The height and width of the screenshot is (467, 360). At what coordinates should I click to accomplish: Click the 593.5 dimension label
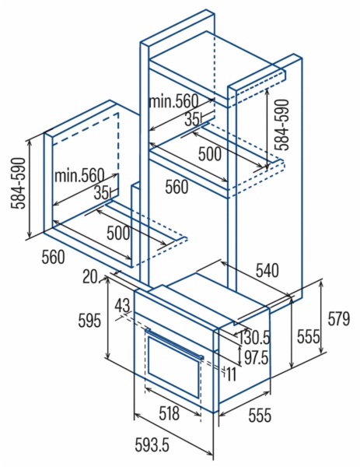click(x=152, y=445)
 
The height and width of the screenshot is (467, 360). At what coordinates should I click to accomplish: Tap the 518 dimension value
click(x=169, y=413)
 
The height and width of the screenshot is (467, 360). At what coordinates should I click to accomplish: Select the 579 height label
click(x=338, y=319)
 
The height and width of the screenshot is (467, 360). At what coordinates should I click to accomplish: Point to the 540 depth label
click(x=267, y=270)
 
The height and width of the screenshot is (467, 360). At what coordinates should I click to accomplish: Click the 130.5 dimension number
click(x=253, y=338)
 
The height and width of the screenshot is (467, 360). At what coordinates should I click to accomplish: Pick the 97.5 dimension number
click(x=256, y=358)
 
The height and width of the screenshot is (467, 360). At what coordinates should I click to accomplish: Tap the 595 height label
click(x=89, y=321)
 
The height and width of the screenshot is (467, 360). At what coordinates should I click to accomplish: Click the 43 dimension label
click(x=123, y=305)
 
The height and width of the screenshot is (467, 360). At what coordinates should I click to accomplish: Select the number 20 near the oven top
click(x=90, y=278)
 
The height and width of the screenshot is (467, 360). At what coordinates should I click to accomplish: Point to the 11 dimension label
click(x=231, y=374)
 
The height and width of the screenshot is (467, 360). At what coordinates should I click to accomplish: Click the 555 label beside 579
click(x=309, y=337)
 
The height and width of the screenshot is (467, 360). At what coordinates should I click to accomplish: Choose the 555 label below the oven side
click(x=260, y=415)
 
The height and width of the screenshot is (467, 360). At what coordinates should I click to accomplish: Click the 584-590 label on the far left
click(x=18, y=183)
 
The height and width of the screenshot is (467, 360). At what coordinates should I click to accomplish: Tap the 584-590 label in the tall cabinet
click(x=281, y=125)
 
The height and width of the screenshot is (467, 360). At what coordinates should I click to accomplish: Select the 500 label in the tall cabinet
click(x=210, y=154)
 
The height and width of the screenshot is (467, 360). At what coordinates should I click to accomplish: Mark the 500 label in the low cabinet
click(x=118, y=233)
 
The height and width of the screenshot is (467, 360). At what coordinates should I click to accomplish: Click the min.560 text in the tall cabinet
click(x=173, y=101)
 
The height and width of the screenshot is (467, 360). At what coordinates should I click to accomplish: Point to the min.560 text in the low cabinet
click(x=79, y=176)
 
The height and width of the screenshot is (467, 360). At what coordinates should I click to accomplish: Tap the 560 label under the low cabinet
click(x=53, y=257)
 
